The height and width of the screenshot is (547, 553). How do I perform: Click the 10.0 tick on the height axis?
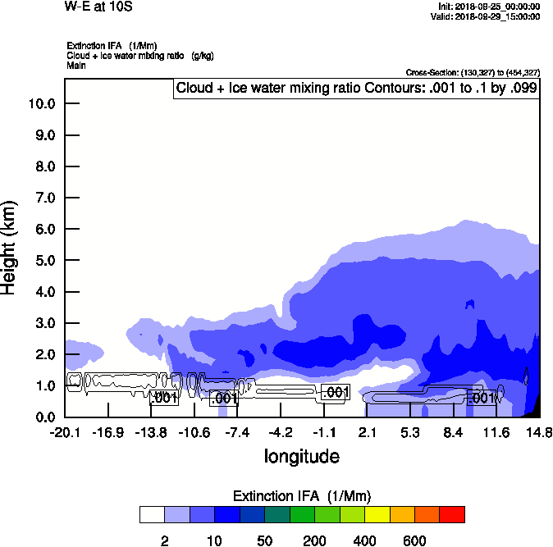point(41,103)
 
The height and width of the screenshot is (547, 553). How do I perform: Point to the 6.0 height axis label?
point(41,229)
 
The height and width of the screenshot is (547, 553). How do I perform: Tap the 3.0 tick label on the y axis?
point(41,323)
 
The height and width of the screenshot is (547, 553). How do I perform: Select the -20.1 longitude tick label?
point(65,432)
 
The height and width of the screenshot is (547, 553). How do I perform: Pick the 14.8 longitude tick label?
point(539,432)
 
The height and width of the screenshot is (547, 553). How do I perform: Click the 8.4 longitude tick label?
point(454,432)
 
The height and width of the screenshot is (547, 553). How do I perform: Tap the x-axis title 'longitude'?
point(301,456)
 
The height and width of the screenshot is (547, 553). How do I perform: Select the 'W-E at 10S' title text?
point(98,7)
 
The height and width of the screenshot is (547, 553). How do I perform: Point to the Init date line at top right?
point(489,7)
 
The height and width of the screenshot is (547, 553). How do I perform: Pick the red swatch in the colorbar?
point(452,514)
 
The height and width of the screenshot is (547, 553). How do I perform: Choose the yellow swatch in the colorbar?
point(377,514)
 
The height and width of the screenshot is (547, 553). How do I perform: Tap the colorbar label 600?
point(414,540)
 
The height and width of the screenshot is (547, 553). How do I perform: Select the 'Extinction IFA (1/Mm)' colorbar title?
point(303,496)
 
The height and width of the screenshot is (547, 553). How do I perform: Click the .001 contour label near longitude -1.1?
point(336,393)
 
